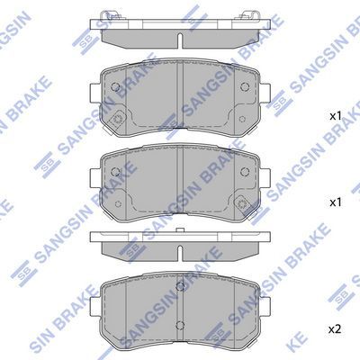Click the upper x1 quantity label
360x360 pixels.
[335, 117]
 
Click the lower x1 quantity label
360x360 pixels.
[335, 202]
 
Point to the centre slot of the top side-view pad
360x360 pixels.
[181, 40]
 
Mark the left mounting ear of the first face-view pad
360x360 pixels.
[96, 91]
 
